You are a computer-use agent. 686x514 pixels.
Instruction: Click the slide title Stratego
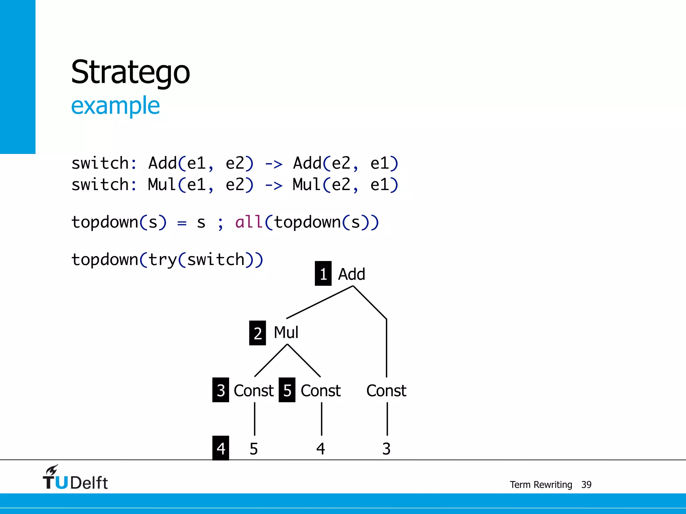pos(130,72)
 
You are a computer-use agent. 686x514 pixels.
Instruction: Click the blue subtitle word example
pos(115,106)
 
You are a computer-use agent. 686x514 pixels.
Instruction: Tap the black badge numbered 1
pos(323,273)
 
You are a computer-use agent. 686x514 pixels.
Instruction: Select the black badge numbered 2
pos(257,333)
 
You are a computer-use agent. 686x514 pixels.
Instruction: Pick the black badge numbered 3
pos(220,390)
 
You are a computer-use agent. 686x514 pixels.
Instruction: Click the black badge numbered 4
pos(220,448)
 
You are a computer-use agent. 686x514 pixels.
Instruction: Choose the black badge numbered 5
pos(287,390)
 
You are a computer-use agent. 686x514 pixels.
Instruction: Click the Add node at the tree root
pos(351,274)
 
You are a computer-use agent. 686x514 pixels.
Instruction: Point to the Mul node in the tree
pos(286,332)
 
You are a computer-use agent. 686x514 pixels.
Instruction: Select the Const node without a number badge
pos(386,391)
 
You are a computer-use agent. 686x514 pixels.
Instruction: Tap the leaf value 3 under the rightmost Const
pos(386,449)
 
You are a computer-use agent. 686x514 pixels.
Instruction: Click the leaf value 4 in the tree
pos(321,449)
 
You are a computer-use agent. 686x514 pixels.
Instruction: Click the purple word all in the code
pos(249,222)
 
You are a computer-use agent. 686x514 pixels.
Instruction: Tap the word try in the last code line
pos(162,260)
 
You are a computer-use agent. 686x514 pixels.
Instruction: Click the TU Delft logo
pos(75,478)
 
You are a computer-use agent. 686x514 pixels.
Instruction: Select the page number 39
pos(586,485)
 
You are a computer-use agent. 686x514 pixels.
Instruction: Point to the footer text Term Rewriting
pos(541,485)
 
